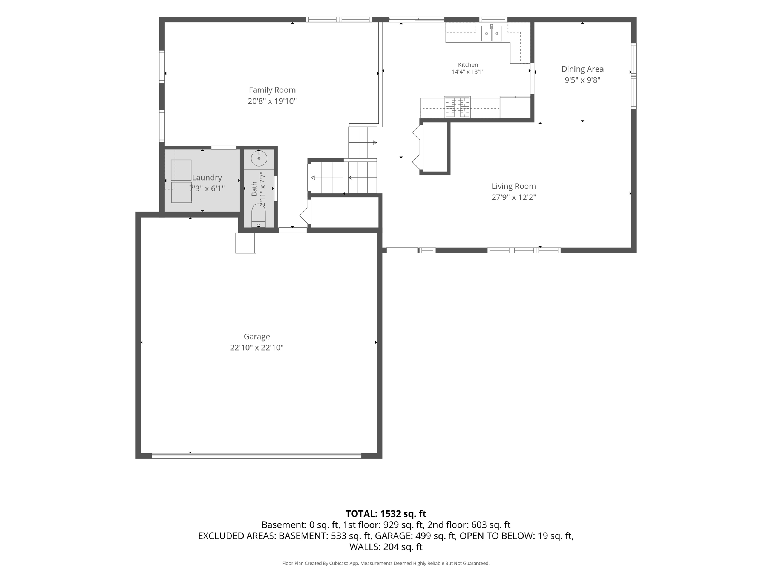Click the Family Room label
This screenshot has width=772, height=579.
(x=272, y=90)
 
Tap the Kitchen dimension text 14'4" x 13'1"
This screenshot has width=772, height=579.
(x=468, y=72)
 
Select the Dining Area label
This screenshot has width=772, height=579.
(x=582, y=69)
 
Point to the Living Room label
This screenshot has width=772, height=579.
(x=513, y=186)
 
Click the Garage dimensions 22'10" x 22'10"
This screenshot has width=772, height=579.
(x=257, y=348)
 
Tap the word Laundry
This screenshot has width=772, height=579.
(x=207, y=178)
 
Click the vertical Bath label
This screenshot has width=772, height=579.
(x=254, y=188)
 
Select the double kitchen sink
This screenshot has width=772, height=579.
(x=492, y=33)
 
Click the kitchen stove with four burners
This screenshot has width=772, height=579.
(x=457, y=107)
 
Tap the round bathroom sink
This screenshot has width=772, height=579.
(x=259, y=158)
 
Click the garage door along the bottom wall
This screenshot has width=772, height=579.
(x=256, y=455)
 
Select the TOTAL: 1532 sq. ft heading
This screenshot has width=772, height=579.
(x=386, y=514)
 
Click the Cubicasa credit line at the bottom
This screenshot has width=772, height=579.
(x=386, y=563)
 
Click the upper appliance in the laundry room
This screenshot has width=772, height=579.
(x=181, y=170)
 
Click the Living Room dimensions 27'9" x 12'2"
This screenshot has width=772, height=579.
(x=513, y=197)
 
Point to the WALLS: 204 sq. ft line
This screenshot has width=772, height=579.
(x=386, y=547)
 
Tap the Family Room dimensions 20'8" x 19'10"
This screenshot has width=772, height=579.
(x=272, y=101)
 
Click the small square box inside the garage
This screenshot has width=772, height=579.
(x=246, y=243)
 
